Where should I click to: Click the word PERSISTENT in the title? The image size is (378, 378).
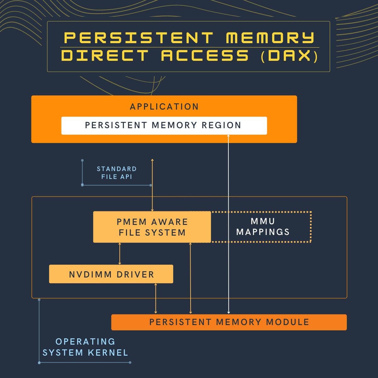139,38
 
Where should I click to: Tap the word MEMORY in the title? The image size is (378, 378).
270,38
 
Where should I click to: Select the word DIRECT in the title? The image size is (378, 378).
105,56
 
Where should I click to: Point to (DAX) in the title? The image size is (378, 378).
289,56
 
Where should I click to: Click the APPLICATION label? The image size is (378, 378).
164,107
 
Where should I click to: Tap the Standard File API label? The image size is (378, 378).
117,173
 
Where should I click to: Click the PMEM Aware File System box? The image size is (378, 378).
152,227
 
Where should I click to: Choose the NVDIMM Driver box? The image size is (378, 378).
111,274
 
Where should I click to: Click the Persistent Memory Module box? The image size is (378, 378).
229,322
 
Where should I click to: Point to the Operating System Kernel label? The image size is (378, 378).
85,347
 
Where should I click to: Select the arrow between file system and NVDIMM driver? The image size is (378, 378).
120,254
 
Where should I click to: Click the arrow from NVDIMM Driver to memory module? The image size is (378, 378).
156,299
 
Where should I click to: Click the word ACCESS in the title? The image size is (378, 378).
205,56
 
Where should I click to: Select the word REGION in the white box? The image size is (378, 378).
221,125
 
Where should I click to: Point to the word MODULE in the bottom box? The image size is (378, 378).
288,322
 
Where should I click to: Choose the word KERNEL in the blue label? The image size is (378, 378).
108,353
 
